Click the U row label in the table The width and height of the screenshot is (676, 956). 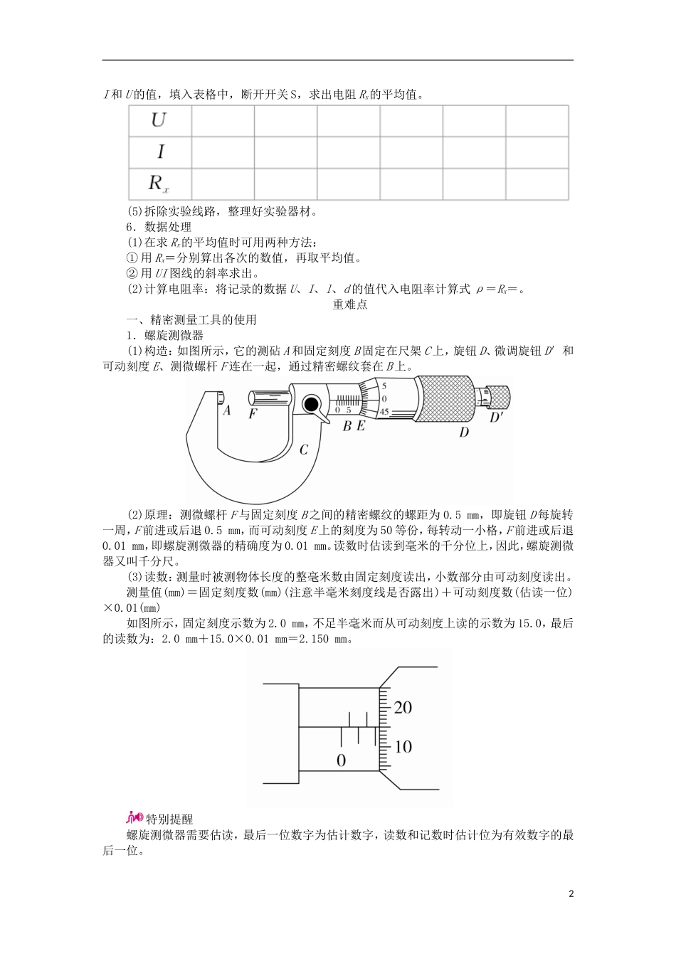tap(159, 119)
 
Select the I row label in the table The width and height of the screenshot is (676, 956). tap(160, 152)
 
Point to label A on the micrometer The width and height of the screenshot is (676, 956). tap(226, 410)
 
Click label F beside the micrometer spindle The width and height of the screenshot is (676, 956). tap(252, 413)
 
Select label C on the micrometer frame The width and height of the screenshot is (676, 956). tap(303, 450)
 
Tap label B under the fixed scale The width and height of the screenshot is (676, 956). tap(347, 426)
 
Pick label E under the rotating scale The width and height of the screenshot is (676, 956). tap(361, 426)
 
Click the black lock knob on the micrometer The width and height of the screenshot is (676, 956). tap(310, 404)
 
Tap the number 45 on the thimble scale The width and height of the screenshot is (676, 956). tap(384, 412)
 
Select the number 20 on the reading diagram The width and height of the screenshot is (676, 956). tap(403, 707)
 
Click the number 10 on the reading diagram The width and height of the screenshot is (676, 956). tap(403, 746)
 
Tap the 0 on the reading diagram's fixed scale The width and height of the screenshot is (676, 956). tap(341, 760)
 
